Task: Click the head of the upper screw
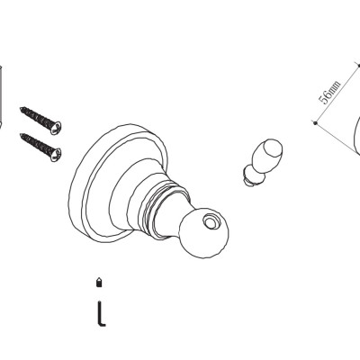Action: coord(56,127)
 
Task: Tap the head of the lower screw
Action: coord(56,155)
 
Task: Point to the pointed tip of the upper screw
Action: coord(21,108)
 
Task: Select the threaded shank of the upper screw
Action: coord(37,117)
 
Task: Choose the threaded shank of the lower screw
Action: coord(37,145)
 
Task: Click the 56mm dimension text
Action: coord(329,92)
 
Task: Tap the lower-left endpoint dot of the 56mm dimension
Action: coord(315,122)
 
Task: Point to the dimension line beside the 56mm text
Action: coord(337,94)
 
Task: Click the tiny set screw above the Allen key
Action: coord(98,283)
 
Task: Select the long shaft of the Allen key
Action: coord(99,312)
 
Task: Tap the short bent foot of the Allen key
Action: coord(102,324)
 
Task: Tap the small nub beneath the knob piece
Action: coord(248,179)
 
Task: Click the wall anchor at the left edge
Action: coord(1,97)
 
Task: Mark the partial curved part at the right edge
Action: coord(357,136)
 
